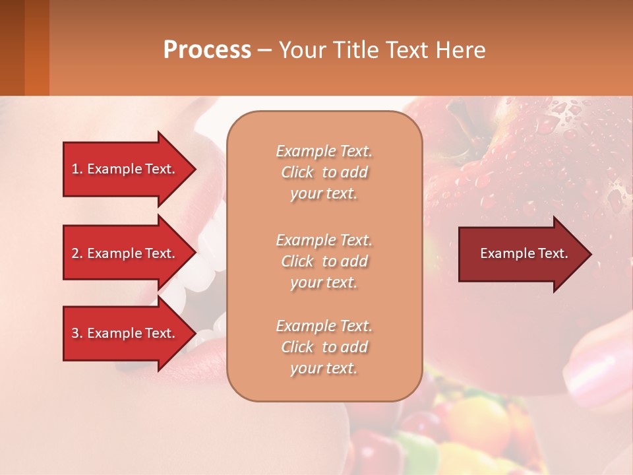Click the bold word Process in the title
coord(207,50)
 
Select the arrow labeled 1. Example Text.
coord(125,169)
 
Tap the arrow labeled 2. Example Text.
coord(125,253)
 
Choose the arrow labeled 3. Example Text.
coord(125,333)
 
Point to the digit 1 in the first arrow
coord(75,169)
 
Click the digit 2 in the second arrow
coord(75,253)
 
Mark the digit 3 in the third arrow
coord(75,333)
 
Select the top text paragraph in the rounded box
coord(324,172)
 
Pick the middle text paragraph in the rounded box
coord(324,261)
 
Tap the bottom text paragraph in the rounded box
coord(324,347)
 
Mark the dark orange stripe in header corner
coord(36,47)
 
